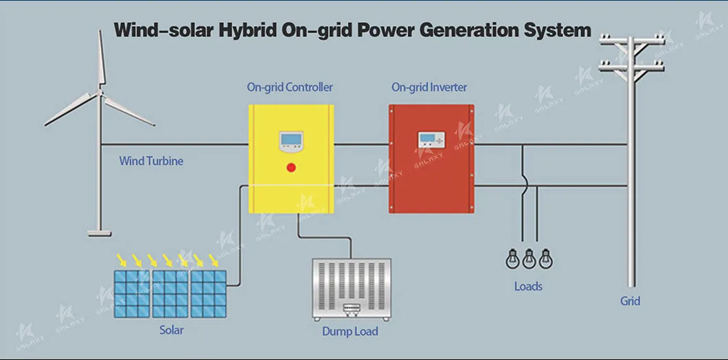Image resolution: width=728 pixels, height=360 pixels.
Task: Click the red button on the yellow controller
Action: [x=291, y=167]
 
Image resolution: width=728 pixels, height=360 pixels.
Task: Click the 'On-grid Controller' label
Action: [x=290, y=87]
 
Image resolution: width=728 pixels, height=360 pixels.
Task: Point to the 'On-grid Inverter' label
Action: [x=429, y=87]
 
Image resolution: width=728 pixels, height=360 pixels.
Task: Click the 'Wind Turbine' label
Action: [x=151, y=161]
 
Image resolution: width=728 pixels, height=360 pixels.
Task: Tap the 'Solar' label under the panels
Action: [x=171, y=330]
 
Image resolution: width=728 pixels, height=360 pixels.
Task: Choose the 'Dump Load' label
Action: [x=350, y=331]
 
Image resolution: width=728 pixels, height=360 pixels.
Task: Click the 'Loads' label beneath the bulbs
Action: [x=528, y=286]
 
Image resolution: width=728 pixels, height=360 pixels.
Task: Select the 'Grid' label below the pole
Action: [x=630, y=301]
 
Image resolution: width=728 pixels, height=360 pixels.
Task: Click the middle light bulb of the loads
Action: [x=529, y=258]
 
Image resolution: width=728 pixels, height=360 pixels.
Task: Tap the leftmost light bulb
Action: [x=512, y=258]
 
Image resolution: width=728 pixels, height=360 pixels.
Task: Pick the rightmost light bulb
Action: [x=545, y=258]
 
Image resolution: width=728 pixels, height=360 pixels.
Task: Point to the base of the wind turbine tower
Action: [x=100, y=233]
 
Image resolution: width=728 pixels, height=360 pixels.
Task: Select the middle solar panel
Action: [x=170, y=294]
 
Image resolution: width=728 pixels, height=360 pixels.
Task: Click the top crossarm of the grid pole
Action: [x=631, y=41]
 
